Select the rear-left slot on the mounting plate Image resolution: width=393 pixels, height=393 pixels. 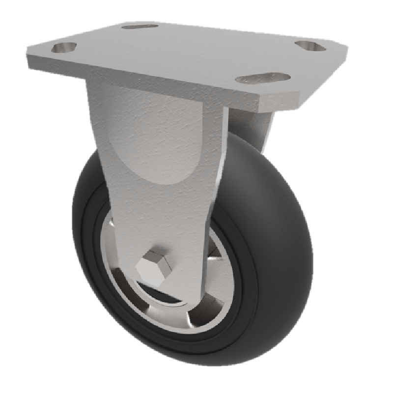pyautogui.click(x=140, y=26)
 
